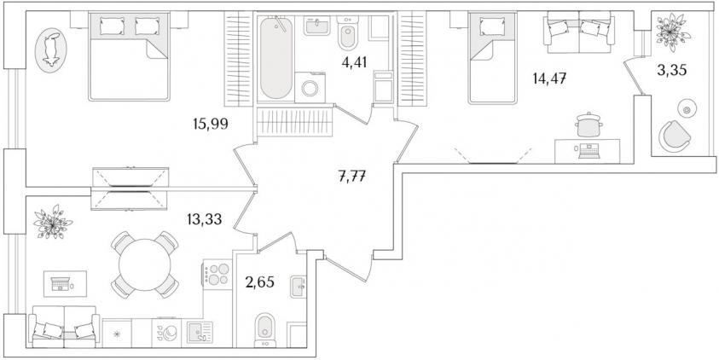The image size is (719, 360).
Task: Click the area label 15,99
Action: click(x=211, y=124)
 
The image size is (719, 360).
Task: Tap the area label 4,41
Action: click(x=354, y=62)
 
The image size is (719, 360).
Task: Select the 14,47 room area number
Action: click(x=549, y=78)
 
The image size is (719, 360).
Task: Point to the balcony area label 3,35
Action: click(x=672, y=71)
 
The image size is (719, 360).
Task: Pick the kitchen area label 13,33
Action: click(x=205, y=220)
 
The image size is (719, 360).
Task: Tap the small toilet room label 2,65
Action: click(x=259, y=282)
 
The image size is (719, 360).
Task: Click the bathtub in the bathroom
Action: click(x=276, y=57)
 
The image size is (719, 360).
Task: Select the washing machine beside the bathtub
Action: click(x=310, y=88)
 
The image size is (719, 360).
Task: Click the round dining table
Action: click(x=145, y=264)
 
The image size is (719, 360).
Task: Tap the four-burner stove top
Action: click(x=217, y=274)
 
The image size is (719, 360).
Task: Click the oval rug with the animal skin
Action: click(x=51, y=50)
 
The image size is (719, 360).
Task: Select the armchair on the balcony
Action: click(x=675, y=136)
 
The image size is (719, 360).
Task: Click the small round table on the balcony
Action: click(x=687, y=108)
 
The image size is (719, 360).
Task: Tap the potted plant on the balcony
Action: click(x=673, y=32)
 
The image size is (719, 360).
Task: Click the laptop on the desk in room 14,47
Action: click(x=589, y=151)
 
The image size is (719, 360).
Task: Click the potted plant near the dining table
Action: click(x=53, y=223)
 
